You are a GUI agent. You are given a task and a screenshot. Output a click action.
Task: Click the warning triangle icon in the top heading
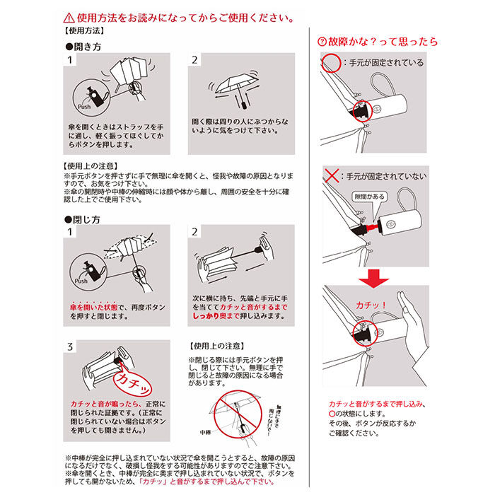pos(67,16)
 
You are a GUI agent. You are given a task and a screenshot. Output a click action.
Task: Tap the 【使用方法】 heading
pos(84,32)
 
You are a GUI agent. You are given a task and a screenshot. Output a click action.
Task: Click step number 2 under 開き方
pos(194,60)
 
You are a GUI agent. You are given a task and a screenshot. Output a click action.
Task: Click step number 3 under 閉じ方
pos(69,347)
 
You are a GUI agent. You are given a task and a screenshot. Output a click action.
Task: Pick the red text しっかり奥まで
pos(216,319)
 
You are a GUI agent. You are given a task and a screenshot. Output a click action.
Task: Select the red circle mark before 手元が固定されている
pos(330,62)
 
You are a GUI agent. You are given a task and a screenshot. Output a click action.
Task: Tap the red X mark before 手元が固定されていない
pos(330,174)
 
